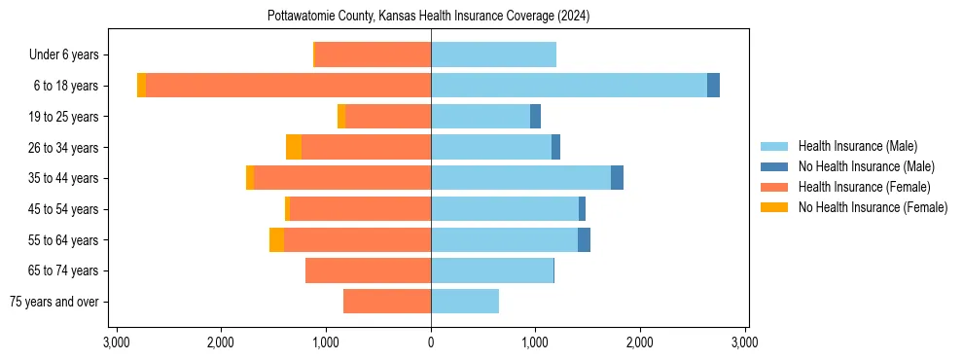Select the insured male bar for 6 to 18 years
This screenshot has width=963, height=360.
click(x=569, y=86)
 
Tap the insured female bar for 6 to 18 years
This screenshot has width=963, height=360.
click(x=288, y=86)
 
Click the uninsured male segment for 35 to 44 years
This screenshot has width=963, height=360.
click(x=617, y=178)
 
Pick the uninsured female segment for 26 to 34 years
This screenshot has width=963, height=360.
click(x=294, y=147)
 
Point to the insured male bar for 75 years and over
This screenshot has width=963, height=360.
click(x=465, y=302)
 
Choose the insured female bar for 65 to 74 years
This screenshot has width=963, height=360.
click(x=368, y=270)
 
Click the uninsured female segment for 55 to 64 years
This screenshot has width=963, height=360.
click(x=277, y=239)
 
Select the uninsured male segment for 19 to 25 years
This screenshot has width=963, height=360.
click(x=535, y=117)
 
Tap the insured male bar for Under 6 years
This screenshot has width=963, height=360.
click(x=493, y=54)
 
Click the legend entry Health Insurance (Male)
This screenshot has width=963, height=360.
click(x=857, y=146)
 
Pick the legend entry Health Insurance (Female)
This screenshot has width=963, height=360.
click(x=864, y=187)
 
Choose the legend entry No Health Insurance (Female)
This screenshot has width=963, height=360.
click(x=873, y=207)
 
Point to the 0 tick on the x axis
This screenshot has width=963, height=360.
click(x=431, y=342)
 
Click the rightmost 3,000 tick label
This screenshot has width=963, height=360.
click(x=744, y=342)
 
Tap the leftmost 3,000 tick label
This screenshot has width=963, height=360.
click(x=117, y=342)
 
